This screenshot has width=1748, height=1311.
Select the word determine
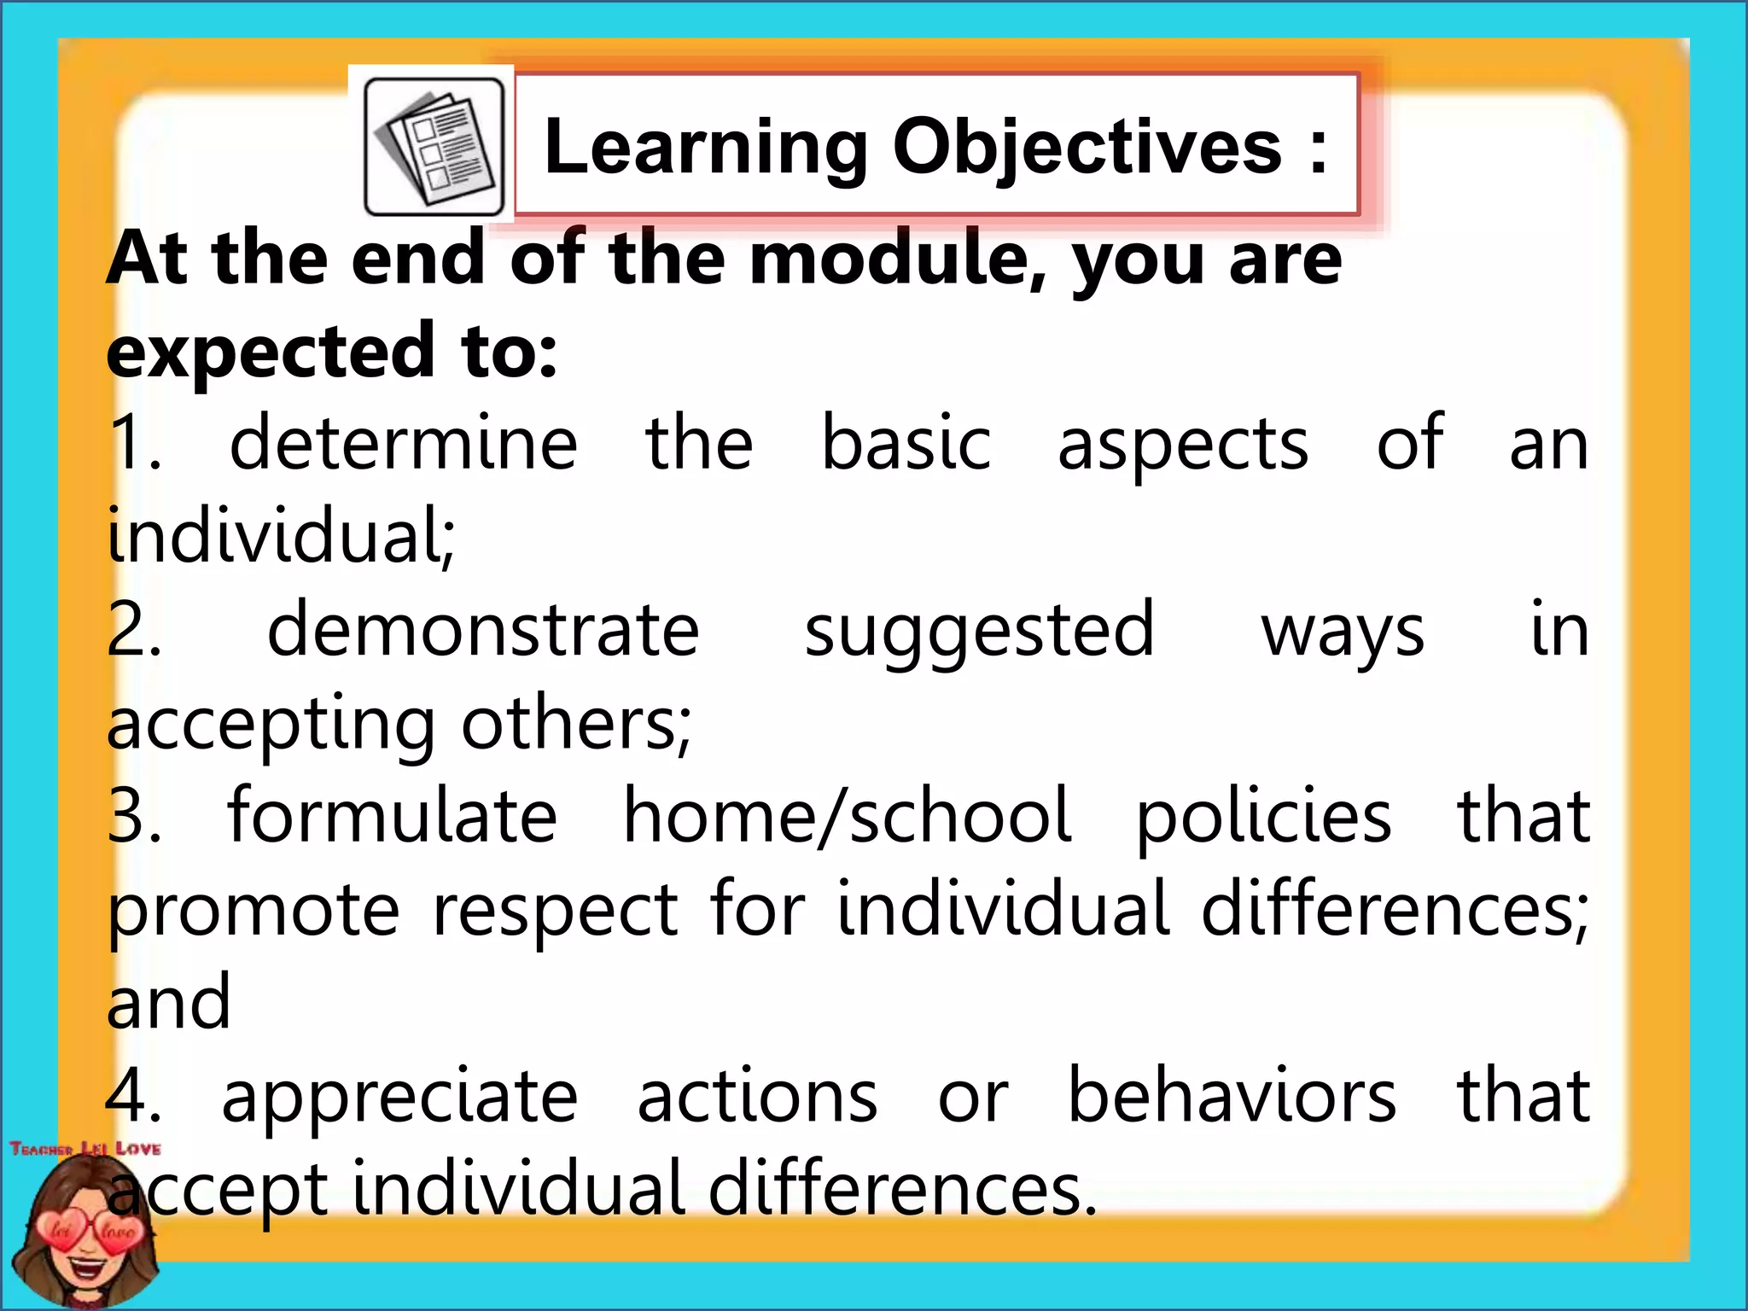(x=404, y=444)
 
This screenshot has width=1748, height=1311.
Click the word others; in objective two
(x=576, y=724)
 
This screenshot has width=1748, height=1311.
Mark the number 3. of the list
(x=134, y=817)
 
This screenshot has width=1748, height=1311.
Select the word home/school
(x=847, y=817)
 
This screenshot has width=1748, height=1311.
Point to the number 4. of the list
(x=134, y=1096)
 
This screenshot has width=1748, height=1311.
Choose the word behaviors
(x=1232, y=1096)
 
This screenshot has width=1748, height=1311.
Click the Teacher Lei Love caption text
(x=85, y=1149)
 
